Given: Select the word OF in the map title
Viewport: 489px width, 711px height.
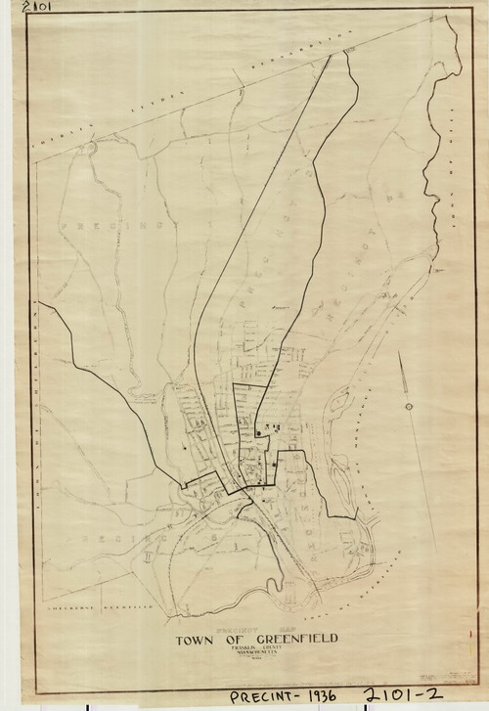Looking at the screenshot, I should pyautogui.click(x=230, y=640).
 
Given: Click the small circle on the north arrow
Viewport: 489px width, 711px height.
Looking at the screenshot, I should pyautogui.click(x=407, y=406).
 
